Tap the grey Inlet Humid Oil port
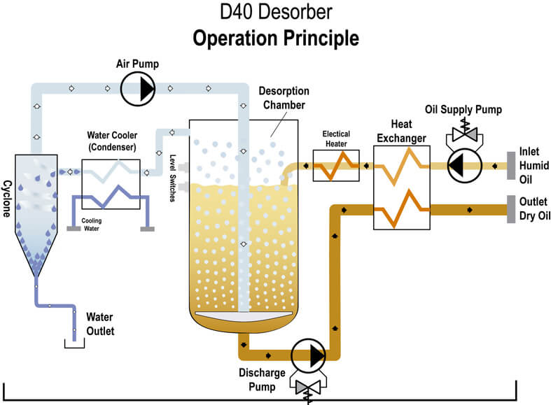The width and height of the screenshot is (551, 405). [x=511, y=165]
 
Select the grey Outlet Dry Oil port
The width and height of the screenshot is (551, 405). [x=511, y=208]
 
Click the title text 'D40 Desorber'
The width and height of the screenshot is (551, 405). [x=275, y=13]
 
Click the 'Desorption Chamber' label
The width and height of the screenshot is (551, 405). [x=283, y=99]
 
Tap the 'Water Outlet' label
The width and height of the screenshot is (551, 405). [x=99, y=323]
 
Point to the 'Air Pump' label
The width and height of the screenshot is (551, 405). [x=138, y=64]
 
